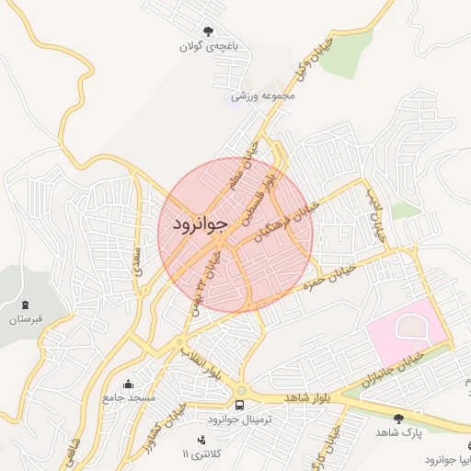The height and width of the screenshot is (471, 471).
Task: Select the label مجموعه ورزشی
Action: pos(262,95)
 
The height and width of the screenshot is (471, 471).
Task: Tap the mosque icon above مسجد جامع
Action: pos(128,383)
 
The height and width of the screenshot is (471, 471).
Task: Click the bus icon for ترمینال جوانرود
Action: pos(239,404)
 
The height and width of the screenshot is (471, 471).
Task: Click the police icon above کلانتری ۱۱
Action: pos(202,440)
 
